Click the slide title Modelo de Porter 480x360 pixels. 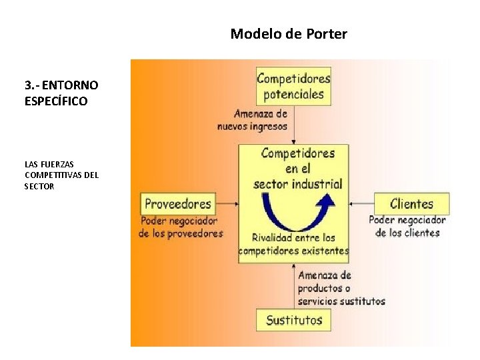click(x=289, y=33)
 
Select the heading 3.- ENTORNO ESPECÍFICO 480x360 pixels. click(x=61, y=93)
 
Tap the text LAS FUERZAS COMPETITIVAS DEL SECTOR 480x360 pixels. click(x=61, y=175)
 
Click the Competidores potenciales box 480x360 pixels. click(x=293, y=85)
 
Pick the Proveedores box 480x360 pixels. click(x=177, y=204)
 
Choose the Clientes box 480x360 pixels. click(x=411, y=204)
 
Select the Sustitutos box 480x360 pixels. click(x=294, y=320)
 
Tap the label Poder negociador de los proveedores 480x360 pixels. click(x=180, y=227)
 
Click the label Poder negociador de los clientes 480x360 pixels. click(x=407, y=226)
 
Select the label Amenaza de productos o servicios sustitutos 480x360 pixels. click(x=341, y=288)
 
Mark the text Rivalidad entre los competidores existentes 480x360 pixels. click(x=293, y=244)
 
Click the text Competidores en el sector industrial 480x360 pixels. click(x=298, y=169)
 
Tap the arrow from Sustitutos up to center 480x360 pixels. click(x=294, y=287)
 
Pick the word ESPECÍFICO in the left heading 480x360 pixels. click(x=56, y=101)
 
